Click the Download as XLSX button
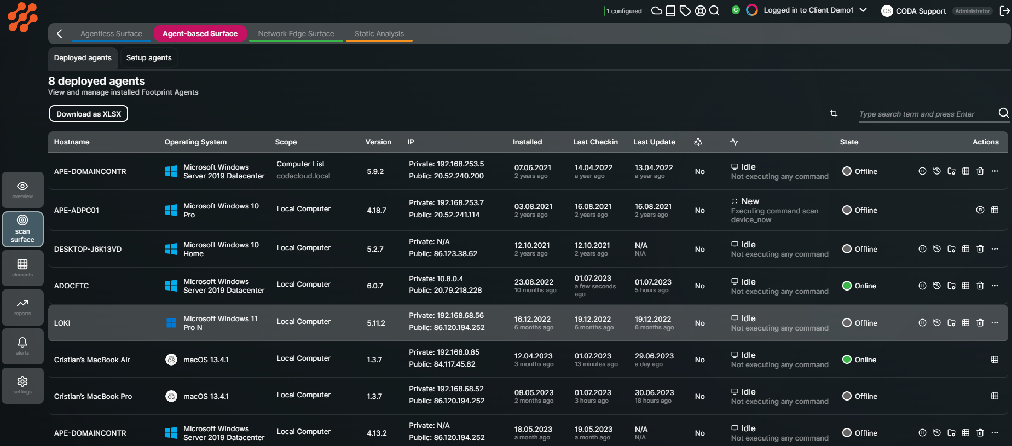(x=89, y=114)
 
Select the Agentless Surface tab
(x=111, y=33)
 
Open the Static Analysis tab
(x=379, y=33)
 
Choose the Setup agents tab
(x=149, y=57)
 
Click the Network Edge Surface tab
(x=296, y=33)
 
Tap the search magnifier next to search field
(x=1003, y=113)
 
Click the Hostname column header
(x=72, y=142)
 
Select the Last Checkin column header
(x=595, y=142)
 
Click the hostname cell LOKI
(x=62, y=323)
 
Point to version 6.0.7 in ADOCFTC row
(x=375, y=286)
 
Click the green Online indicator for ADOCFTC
(x=847, y=286)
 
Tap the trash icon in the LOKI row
(x=980, y=323)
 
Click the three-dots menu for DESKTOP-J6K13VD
(x=994, y=249)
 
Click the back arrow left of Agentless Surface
(x=60, y=33)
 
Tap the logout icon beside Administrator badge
(x=1004, y=11)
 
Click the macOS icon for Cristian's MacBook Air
(x=171, y=360)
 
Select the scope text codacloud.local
(x=303, y=176)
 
